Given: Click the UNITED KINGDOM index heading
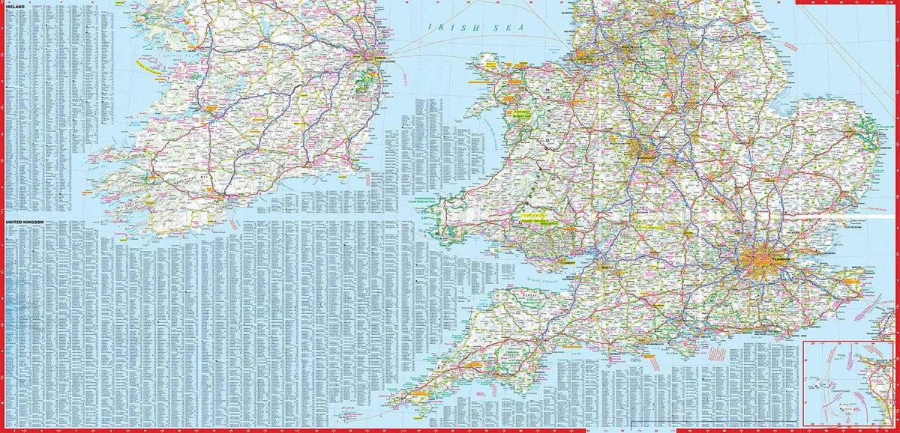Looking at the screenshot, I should pyautogui.click(x=25, y=222).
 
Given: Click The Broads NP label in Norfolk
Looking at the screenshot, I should pyautogui.click(x=886, y=129).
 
